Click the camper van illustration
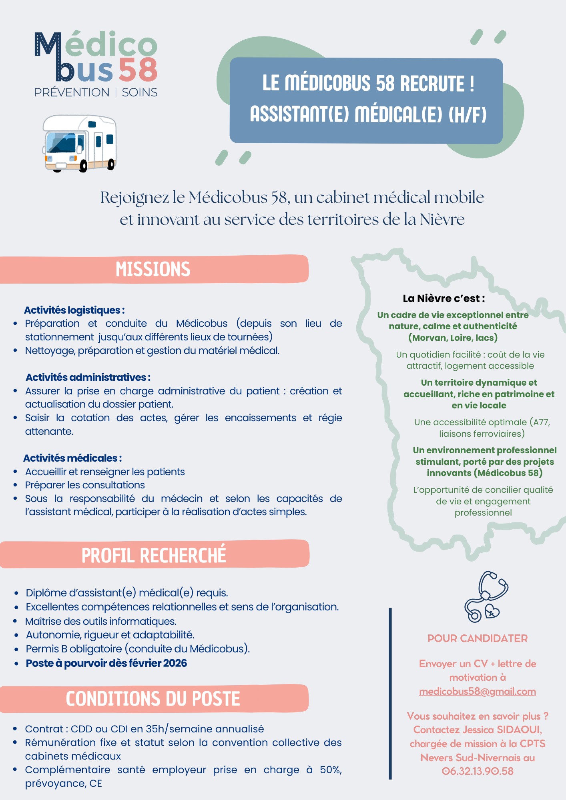[79, 143]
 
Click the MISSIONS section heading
[153, 269]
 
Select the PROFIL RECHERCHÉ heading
[154, 555]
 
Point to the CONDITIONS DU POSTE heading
[153, 699]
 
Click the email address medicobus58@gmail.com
[477, 692]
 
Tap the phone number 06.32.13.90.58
[478, 771]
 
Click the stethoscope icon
[486, 596]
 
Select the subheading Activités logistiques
[74, 310]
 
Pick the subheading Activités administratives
[88, 377]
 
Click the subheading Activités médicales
[72, 458]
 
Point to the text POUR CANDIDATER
[478, 638]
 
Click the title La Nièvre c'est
[444, 298]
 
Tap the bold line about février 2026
[106, 663]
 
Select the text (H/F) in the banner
[468, 114]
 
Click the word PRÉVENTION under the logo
[72, 92]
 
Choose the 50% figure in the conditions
[330, 770]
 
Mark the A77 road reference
[542, 422]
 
